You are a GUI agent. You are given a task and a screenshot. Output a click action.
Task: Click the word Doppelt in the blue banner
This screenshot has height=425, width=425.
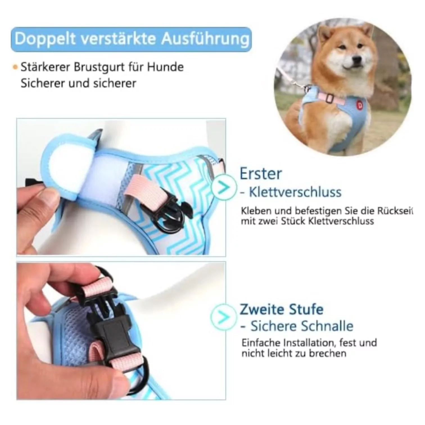pyautogui.click(x=45, y=39)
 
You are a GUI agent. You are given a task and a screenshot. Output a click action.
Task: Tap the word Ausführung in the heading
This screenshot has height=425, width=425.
pyautogui.click(x=205, y=39)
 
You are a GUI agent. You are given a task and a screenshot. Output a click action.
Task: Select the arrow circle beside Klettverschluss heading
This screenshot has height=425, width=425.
pyautogui.click(x=224, y=187)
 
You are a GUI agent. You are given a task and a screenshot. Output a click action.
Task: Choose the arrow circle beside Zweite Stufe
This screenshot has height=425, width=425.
pyautogui.click(x=224, y=317)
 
